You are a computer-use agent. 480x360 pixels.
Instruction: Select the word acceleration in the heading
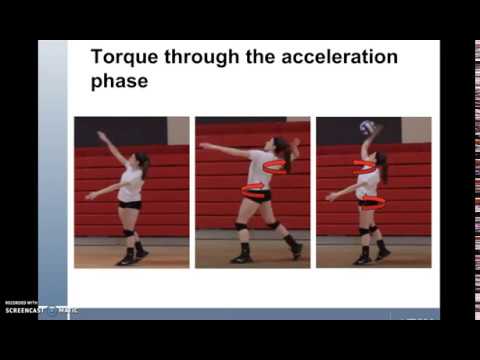click(339, 57)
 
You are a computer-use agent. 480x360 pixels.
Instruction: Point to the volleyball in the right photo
click(367, 128)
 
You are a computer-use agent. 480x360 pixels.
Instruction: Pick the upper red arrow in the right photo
click(365, 166)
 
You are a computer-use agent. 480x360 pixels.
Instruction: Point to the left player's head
click(142, 160)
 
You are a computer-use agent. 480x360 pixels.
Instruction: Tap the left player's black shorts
click(129, 204)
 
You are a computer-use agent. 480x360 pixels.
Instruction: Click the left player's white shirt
click(130, 184)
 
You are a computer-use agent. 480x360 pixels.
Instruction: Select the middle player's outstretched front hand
click(203, 146)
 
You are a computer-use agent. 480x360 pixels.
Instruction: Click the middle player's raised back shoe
click(295, 250)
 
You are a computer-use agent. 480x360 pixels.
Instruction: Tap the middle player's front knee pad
click(241, 227)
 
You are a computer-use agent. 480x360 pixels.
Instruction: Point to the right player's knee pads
click(367, 231)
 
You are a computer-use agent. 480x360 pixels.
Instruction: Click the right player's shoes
click(370, 257)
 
